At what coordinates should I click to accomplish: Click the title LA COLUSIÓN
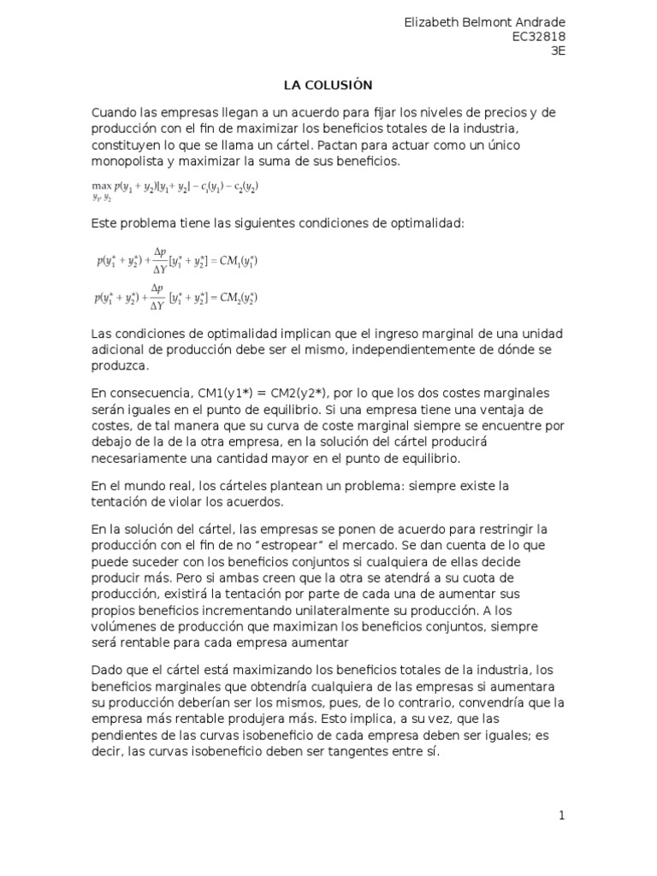328,85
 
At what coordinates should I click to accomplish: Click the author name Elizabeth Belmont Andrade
484,22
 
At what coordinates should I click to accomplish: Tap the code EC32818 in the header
538,37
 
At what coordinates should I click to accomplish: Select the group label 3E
558,50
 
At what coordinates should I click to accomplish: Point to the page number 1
562,815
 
